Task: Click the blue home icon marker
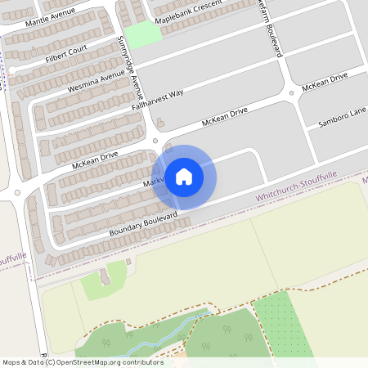pos(184,177)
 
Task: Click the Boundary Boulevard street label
pos(143,224)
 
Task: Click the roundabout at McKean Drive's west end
pos(18,194)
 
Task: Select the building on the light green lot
pos(103,277)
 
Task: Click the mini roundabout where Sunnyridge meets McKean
pos(155,141)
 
